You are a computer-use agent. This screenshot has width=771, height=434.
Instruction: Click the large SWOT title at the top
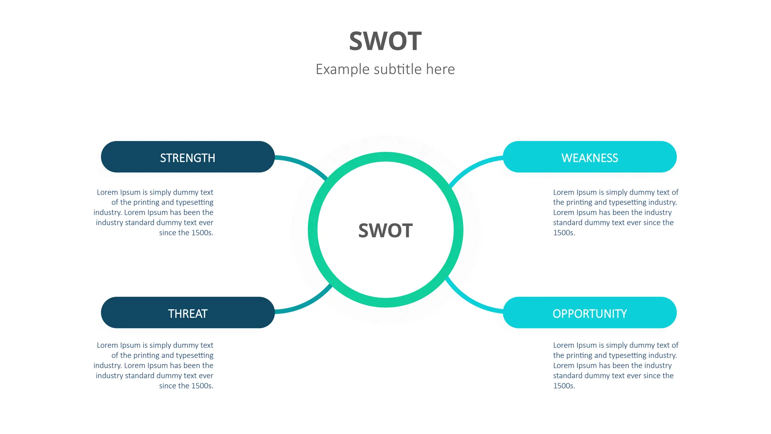[x=385, y=41]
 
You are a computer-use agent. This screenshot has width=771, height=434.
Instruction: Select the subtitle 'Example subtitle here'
[x=385, y=69]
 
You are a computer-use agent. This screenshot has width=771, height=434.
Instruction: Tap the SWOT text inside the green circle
[x=385, y=231]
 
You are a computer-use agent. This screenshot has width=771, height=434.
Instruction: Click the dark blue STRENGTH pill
[x=187, y=157]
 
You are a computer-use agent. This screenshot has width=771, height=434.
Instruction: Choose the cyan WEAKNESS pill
[x=590, y=157]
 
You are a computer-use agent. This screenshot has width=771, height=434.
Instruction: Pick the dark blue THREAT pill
[x=187, y=313]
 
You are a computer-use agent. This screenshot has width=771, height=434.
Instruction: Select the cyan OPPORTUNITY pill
[x=590, y=313]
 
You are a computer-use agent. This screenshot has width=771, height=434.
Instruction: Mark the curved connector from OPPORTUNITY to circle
[x=471, y=301]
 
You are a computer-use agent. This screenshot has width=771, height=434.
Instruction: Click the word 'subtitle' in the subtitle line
[x=398, y=69]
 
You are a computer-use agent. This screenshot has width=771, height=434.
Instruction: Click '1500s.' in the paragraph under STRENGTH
[x=202, y=233]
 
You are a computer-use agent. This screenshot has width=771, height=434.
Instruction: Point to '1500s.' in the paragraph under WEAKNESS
[x=564, y=233]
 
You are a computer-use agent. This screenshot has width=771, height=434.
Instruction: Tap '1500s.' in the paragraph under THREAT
[x=202, y=386]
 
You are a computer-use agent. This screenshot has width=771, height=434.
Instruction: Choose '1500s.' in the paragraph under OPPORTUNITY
[x=564, y=386]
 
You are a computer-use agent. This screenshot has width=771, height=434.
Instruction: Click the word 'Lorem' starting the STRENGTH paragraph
[x=107, y=193]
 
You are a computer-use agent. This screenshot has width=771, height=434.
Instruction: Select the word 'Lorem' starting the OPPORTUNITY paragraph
[x=564, y=345]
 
